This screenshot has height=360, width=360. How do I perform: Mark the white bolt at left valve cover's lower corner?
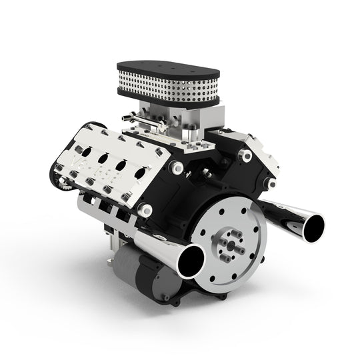pos(141,211)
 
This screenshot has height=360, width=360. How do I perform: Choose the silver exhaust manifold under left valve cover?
pos(107,207)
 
